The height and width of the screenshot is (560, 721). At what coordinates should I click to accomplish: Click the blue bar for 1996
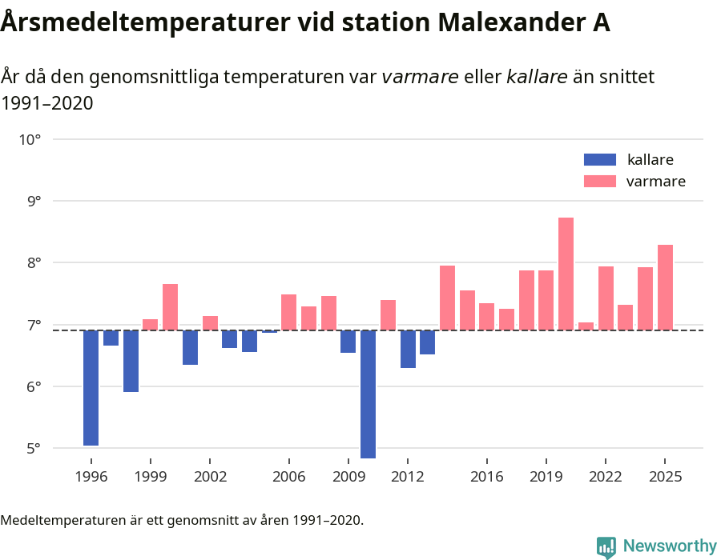point(91,387)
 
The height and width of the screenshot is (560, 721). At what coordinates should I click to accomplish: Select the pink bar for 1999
point(151,324)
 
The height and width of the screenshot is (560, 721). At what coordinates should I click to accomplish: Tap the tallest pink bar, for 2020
point(566,274)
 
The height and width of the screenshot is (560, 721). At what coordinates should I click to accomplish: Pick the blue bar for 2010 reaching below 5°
point(368,394)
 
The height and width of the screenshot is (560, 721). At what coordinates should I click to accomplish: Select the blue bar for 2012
point(408,349)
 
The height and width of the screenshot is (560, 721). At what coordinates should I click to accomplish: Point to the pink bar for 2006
point(289,312)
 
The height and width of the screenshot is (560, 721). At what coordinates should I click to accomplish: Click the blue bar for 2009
point(348,342)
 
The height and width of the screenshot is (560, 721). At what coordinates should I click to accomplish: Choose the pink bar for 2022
point(606,298)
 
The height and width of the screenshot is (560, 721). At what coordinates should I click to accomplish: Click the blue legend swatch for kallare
point(600,159)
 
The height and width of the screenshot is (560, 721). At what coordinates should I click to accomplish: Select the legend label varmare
point(655,182)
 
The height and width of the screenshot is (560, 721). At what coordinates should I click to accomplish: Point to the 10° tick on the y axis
point(30,139)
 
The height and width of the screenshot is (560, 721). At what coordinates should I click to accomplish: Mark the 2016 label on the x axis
point(486,477)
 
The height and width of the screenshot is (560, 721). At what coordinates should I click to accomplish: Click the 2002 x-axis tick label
point(210,477)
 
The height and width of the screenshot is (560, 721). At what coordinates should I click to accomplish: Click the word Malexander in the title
point(482,22)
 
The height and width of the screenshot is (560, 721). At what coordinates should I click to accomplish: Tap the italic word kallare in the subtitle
point(537,77)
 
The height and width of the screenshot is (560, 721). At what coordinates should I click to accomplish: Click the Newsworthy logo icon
point(606,546)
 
